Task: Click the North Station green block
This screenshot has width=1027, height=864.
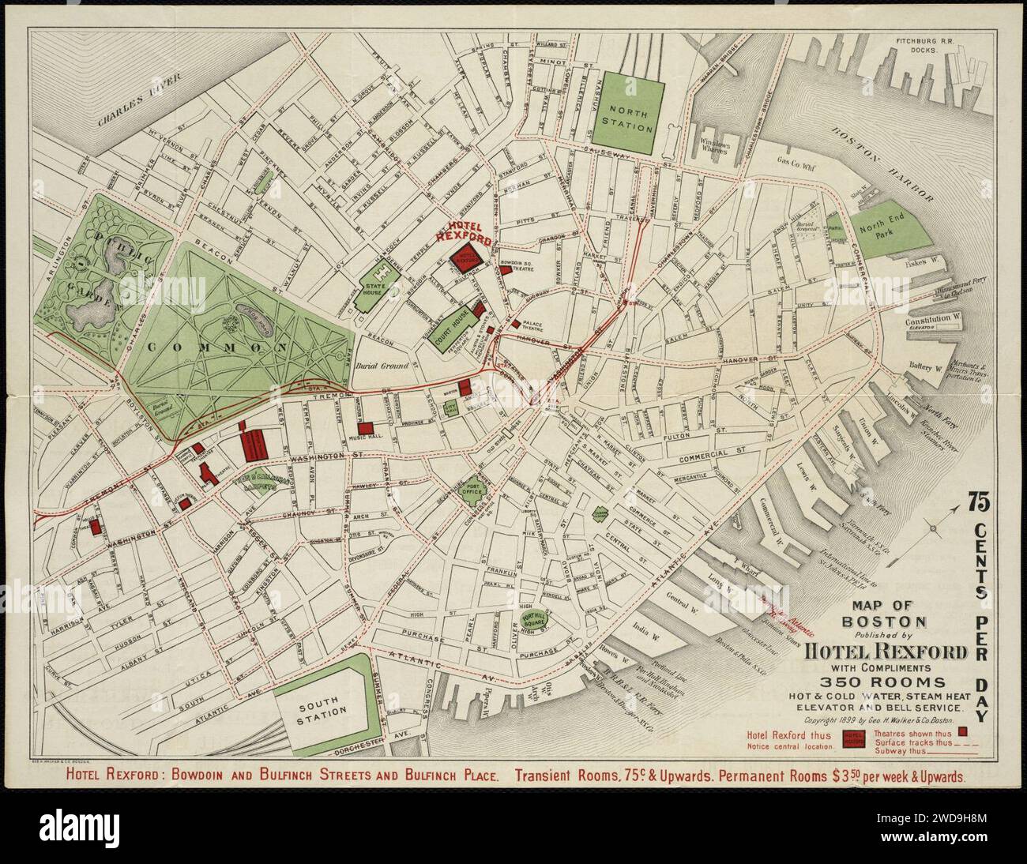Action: (x=626, y=113)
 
